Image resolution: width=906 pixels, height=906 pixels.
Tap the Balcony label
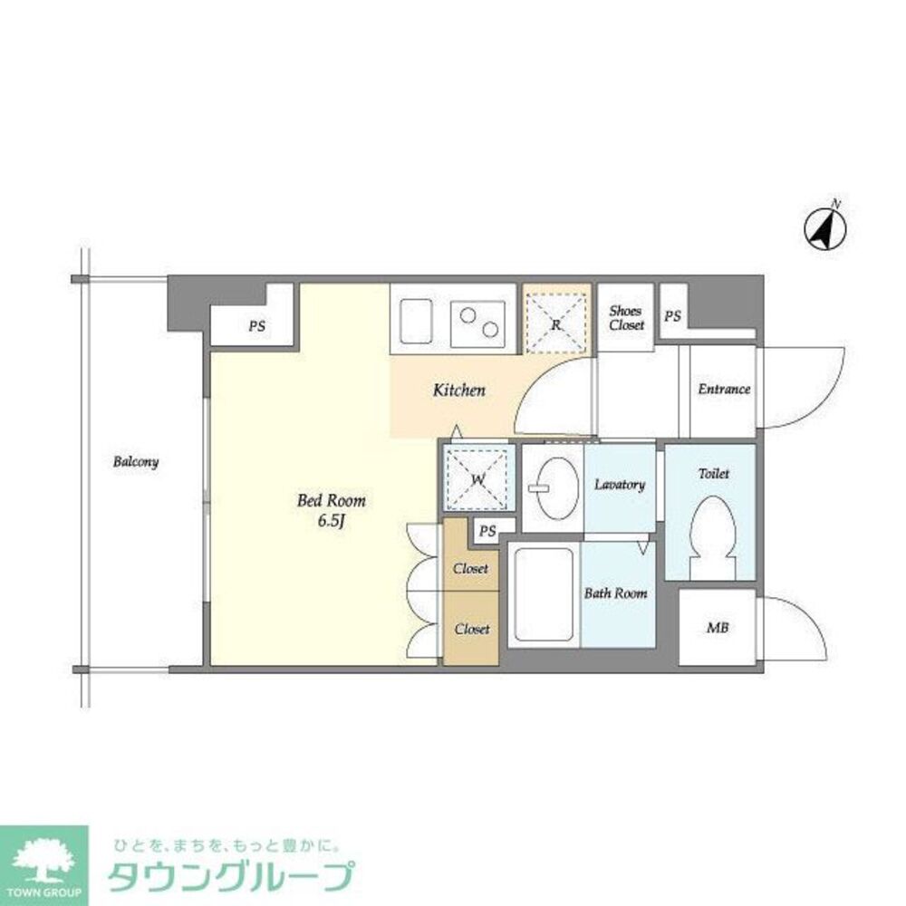click(x=136, y=462)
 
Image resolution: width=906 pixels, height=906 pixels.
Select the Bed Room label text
click(x=332, y=501)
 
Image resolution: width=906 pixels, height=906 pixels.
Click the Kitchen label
click(x=458, y=390)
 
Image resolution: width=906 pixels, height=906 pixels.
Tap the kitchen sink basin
click(x=416, y=323)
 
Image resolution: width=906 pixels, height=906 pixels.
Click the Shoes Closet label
click(x=626, y=318)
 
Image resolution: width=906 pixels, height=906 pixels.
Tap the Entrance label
click(x=724, y=390)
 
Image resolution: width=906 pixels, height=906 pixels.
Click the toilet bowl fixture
click(x=711, y=535)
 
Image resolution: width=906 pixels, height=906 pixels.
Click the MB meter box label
click(x=718, y=628)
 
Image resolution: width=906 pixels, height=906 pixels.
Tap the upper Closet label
click(x=471, y=569)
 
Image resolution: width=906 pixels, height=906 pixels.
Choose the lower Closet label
click(x=472, y=629)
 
